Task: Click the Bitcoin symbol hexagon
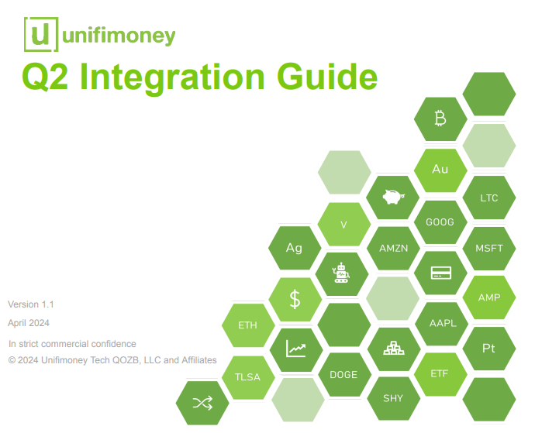tap(440, 119)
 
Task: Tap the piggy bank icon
tap(393, 197)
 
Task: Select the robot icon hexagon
tap(342, 273)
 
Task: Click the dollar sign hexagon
tap(295, 299)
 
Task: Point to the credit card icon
tap(441, 273)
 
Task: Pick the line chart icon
tap(296, 349)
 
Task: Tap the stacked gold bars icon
tap(394, 348)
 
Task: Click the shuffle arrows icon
tap(202, 403)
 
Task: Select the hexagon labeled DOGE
tap(344, 374)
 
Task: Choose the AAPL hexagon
tap(443, 323)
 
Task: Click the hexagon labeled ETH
tap(248, 325)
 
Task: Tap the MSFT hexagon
tap(489, 248)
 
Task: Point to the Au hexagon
tap(440, 170)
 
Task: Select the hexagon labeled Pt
tap(489, 349)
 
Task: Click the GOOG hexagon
tap(440, 222)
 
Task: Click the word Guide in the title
tap(327, 77)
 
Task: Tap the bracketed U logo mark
tap(41, 34)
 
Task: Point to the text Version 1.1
tap(31, 304)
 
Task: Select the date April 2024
tap(29, 323)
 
